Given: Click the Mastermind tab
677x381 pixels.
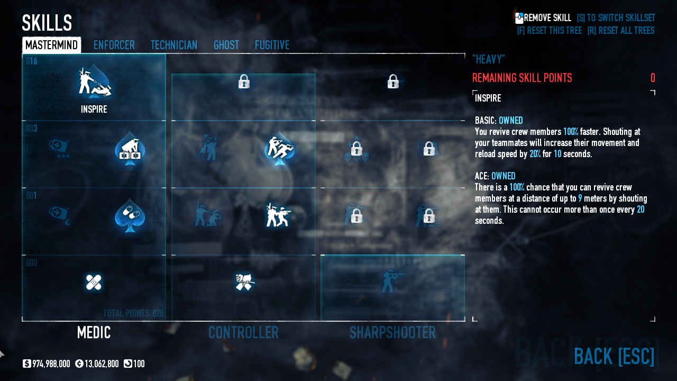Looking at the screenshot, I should click(x=51, y=45).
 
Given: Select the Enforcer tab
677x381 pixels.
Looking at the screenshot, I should click(x=114, y=45).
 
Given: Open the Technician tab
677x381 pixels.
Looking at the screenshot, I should click(x=174, y=45).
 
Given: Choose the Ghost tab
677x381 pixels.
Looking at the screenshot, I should click(x=226, y=45).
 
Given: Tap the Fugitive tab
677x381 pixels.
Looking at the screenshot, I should click(x=272, y=45).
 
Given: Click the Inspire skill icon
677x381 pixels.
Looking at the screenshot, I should click(x=94, y=83).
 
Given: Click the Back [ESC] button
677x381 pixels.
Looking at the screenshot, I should click(x=614, y=356).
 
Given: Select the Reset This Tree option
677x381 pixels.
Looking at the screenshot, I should click(x=549, y=31).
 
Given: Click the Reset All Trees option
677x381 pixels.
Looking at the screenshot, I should click(x=620, y=31).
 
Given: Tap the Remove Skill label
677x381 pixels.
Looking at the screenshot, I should click(x=547, y=18).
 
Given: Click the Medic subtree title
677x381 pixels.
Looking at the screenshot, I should click(x=94, y=332).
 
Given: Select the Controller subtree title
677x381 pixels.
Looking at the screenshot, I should click(x=243, y=332).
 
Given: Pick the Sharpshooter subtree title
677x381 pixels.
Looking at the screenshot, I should click(x=392, y=332).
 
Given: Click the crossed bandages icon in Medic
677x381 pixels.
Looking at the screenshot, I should click(x=94, y=282).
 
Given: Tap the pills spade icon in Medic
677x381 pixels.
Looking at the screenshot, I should click(x=130, y=216).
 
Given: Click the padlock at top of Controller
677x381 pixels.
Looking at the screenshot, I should click(x=244, y=81).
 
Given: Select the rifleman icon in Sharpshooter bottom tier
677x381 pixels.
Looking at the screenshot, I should click(x=392, y=282).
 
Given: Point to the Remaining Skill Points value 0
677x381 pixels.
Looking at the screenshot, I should click(x=653, y=78).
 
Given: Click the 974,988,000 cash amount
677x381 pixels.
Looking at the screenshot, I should click(x=51, y=364).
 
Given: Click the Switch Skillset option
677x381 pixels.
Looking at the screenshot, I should click(x=616, y=18).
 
